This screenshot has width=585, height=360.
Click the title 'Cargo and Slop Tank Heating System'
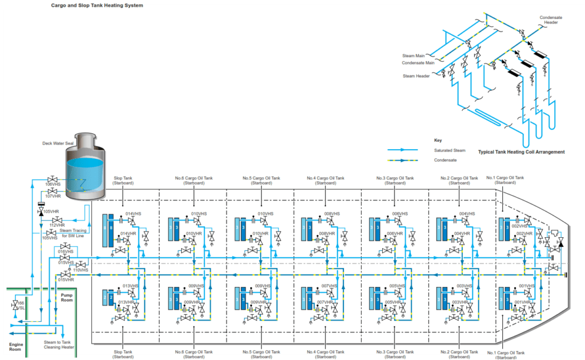(97, 6)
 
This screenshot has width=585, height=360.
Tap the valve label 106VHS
(53, 185)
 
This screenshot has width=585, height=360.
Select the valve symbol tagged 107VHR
(52, 191)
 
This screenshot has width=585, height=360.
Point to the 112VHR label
(57, 225)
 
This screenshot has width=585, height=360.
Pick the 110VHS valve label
(81, 270)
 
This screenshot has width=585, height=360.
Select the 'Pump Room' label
(67, 298)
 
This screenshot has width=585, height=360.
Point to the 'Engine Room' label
(16, 347)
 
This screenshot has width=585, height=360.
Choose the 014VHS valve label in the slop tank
(133, 214)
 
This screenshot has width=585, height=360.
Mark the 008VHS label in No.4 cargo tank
(332, 214)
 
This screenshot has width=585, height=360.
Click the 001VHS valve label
(526, 286)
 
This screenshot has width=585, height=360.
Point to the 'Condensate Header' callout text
(551, 20)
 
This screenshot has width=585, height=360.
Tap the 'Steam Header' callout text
(416, 76)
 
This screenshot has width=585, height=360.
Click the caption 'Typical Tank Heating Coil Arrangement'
(521, 152)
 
